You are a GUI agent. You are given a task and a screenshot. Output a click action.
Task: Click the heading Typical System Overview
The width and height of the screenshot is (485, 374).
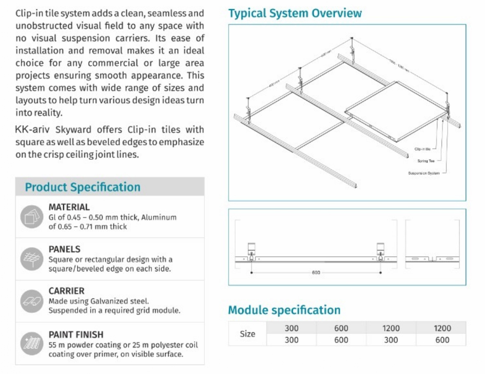click(295, 13)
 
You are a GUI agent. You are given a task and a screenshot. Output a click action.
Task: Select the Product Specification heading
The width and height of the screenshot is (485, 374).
click(82, 187)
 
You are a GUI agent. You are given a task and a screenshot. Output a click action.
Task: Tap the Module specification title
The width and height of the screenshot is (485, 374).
click(284, 310)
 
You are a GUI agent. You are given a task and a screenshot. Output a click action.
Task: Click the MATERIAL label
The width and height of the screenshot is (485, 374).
click(69, 207)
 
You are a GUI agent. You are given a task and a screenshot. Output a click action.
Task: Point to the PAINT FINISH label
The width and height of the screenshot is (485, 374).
click(76, 335)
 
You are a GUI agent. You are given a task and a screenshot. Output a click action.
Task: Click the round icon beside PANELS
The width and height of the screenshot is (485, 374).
click(32, 259)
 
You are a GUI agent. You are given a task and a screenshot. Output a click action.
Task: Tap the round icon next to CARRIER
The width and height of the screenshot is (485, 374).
click(32, 301)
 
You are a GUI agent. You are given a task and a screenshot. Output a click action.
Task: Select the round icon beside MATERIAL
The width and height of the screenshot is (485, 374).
click(32, 217)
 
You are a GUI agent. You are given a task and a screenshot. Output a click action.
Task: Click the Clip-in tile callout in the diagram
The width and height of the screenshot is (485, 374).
click(422, 149)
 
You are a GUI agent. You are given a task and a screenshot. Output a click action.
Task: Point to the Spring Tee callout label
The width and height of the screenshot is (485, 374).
click(426, 161)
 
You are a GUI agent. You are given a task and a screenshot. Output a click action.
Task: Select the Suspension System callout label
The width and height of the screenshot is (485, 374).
click(423, 173)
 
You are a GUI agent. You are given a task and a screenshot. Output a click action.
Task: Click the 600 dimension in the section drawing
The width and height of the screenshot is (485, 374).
click(316, 273)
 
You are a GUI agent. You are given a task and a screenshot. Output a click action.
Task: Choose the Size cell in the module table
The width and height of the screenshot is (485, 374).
click(247, 334)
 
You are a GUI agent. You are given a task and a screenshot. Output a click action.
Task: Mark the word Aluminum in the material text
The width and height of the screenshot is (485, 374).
click(159, 217)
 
